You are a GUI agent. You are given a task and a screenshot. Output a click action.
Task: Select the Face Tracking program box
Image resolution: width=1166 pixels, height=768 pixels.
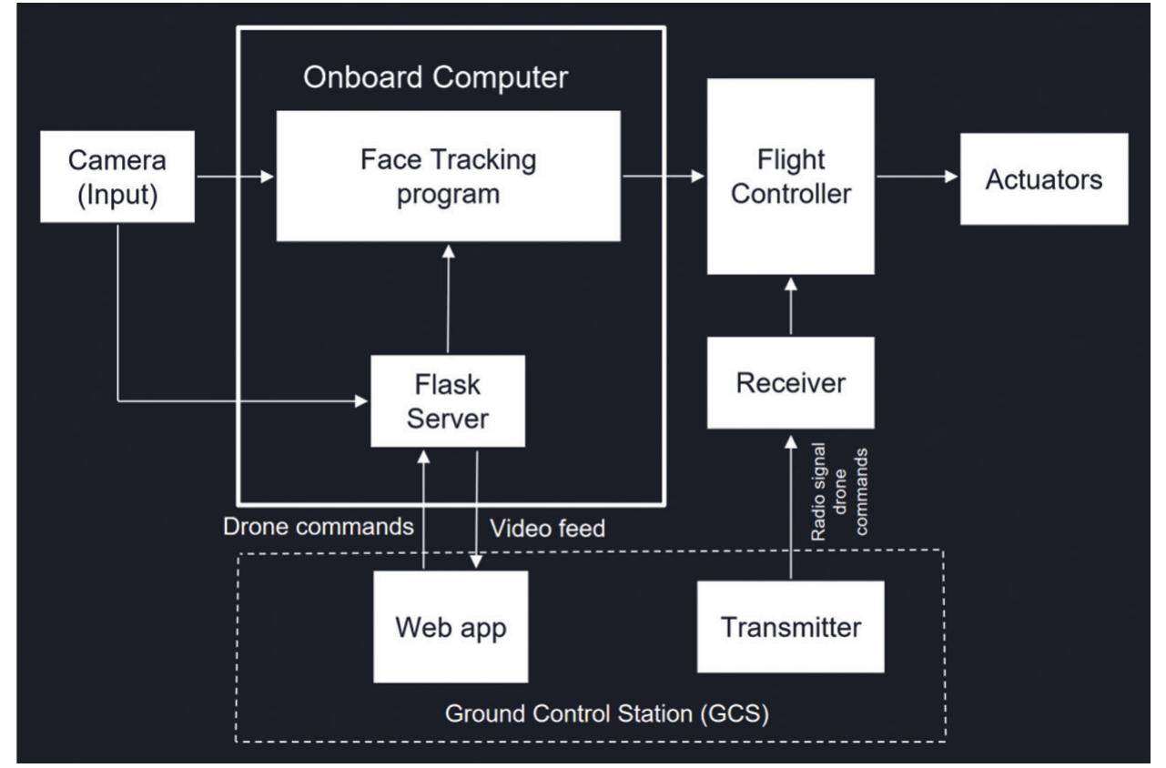(x=449, y=177)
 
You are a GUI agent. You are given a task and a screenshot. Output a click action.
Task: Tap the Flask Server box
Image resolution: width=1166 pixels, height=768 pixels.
(x=449, y=400)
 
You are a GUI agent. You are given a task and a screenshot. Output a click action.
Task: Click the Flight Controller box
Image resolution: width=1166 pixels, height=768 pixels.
(x=790, y=177)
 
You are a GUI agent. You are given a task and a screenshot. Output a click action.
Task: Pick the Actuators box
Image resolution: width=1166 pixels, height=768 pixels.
(x=1043, y=178)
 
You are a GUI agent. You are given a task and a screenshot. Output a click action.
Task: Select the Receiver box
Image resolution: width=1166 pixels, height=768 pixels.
(x=790, y=383)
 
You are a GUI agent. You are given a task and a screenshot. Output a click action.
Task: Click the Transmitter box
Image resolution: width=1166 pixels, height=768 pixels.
(x=790, y=627)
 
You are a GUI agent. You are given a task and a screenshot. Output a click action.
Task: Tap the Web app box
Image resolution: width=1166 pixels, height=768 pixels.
(x=451, y=627)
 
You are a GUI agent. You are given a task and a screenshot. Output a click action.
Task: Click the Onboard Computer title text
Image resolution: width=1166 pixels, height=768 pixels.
(x=436, y=77)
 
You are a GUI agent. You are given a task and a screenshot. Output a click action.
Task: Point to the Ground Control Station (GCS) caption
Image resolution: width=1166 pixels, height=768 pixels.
(x=607, y=712)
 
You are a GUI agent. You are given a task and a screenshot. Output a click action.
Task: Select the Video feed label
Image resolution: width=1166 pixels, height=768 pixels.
(x=547, y=528)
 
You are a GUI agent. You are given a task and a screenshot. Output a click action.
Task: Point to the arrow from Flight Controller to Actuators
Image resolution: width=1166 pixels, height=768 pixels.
(x=916, y=177)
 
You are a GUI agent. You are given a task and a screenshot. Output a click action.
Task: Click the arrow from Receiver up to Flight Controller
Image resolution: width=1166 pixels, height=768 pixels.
(x=790, y=306)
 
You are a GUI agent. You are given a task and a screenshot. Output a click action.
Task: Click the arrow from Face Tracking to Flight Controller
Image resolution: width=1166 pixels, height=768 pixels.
(x=664, y=177)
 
